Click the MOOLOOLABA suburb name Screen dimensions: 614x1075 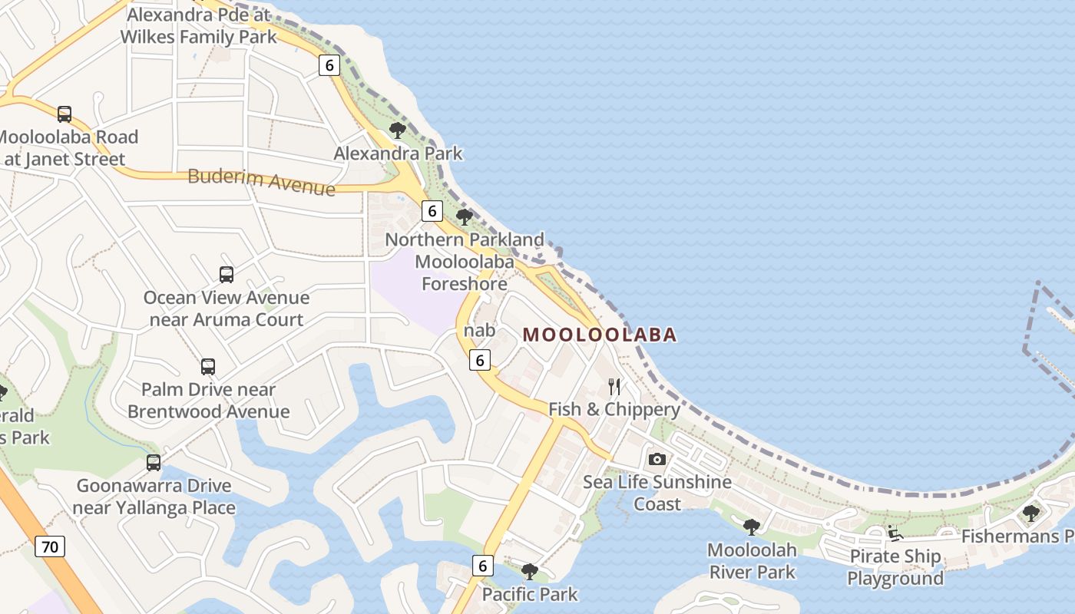click(x=600, y=335)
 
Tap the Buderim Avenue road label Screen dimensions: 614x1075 click(x=261, y=181)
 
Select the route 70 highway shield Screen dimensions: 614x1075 click(x=50, y=547)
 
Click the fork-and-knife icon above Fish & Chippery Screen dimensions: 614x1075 click(x=614, y=386)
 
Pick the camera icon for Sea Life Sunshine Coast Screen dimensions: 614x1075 click(x=657, y=459)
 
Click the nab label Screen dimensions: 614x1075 click(x=479, y=330)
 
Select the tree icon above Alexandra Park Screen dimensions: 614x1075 click(x=397, y=130)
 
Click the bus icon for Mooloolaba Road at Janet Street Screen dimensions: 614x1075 click(x=64, y=114)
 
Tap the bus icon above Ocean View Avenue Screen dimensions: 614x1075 click(x=227, y=274)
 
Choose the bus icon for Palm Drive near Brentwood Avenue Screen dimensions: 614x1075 click(x=208, y=367)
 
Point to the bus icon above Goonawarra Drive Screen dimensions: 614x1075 click(x=154, y=463)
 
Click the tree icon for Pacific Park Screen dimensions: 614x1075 click(x=529, y=571)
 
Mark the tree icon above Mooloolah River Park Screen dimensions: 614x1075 click(x=752, y=527)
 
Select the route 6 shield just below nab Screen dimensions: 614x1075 click(x=480, y=360)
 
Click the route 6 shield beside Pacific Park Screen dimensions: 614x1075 click(x=482, y=566)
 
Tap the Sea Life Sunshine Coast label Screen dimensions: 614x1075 click(x=657, y=493)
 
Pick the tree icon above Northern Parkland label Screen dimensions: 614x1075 click(x=464, y=216)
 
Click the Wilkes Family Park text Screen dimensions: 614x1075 click(x=198, y=36)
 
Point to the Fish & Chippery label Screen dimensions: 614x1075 click(x=614, y=409)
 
